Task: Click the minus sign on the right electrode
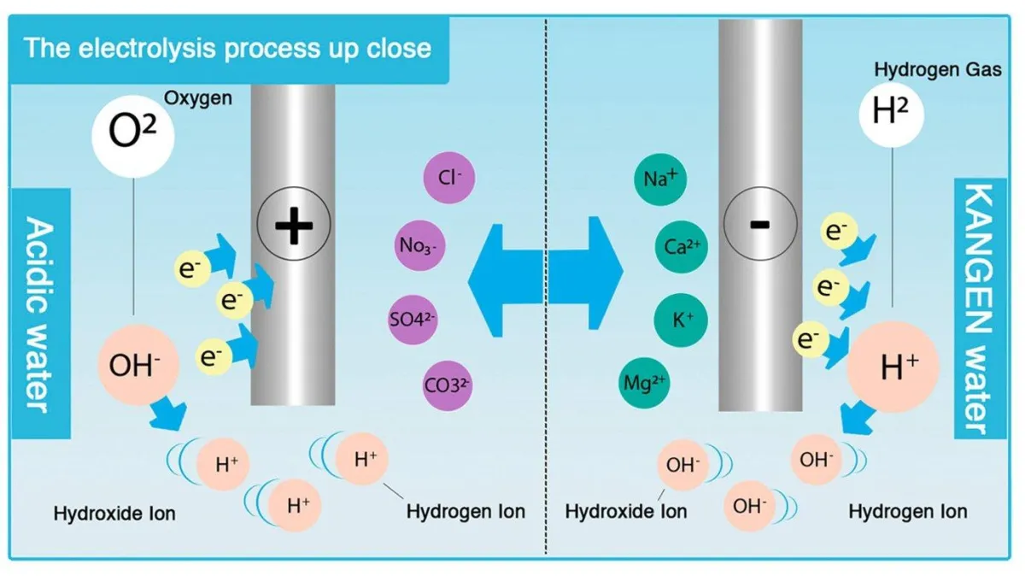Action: click(759, 224)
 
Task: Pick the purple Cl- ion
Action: click(449, 178)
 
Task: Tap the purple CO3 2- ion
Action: click(448, 386)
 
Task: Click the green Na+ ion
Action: click(660, 179)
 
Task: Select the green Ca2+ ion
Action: click(682, 247)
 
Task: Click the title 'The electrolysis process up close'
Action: click(227, 47)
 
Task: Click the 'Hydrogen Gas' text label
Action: click(938, 69)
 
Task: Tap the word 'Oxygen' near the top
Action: click(197, 98)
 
